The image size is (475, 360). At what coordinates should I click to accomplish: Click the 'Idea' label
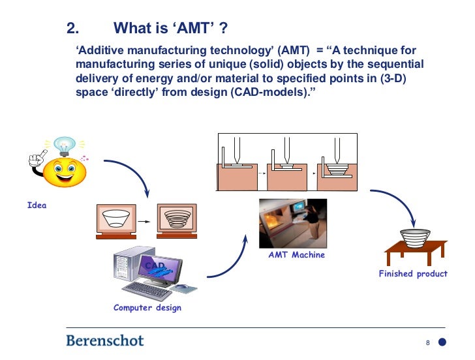pyautogui.click(x=37, y=205)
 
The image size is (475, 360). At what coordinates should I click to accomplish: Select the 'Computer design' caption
pyautogui.click(x=147, y=308)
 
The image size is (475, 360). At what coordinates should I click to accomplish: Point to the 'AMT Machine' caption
pyautogui.click(x=296, y=255)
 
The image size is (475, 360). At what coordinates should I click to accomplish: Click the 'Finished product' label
pyautogui.click(x=413, y=274)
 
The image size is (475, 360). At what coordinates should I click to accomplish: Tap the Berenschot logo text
pyautogui.click(x=105, y=340)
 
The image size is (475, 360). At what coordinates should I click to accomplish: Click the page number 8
pyautogui.click(x=427, y=342)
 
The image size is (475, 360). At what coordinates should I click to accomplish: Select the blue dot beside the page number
pyautogui.click(x=442, y=342)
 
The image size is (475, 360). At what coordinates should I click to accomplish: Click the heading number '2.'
pyautogui.click(x=73, y=29)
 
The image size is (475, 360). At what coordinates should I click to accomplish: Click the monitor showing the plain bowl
pyautogui.click(x=117, y=218)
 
